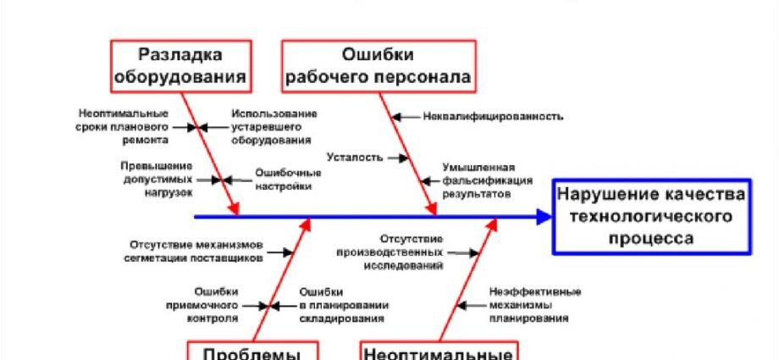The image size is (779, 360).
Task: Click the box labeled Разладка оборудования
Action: tap(180, 66)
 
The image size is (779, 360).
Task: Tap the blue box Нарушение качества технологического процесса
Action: tap(653, 217)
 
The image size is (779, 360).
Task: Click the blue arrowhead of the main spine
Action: tap(543, 217)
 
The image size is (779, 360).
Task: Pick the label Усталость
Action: tap(354, 158)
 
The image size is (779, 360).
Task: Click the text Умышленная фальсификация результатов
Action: tap(487, 180)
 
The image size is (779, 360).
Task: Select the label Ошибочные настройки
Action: tap(288, 180)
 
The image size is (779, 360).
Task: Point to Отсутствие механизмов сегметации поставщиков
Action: tap(196, 251)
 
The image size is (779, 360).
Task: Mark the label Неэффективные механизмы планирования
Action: tap(529, 305)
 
